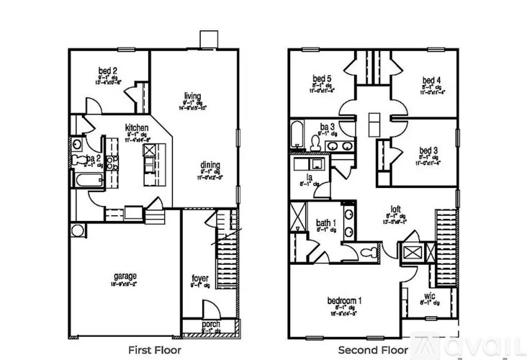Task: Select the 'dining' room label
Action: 210,164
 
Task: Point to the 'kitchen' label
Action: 137,125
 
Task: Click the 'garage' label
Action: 125,275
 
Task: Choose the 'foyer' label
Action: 199,277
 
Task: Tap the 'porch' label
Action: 210,325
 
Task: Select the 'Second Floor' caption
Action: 373,350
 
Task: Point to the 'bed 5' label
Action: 322,79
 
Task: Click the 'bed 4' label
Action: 431,80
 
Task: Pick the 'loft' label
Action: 395,210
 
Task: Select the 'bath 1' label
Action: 325,223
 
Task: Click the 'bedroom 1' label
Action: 344,300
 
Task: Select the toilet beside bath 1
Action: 369,253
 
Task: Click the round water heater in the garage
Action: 77,231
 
